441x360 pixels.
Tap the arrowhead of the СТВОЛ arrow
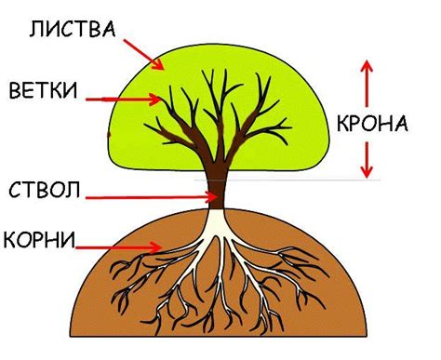click(211, 196)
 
